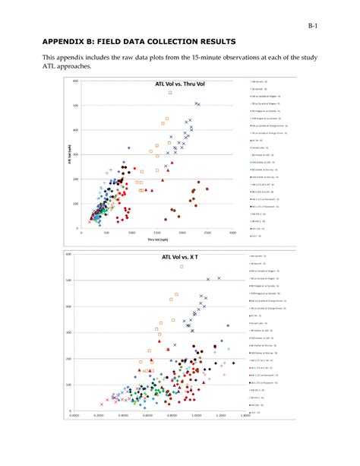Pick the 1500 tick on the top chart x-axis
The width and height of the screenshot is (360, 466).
click(x=157, y=233)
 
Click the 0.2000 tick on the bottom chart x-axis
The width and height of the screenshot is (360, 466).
click(x=99, y=416)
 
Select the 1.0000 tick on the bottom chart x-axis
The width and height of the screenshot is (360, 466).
click(x=196, y=416)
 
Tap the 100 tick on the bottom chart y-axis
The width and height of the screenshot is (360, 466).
click(x=68, y=385)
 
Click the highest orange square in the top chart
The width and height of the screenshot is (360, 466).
click(x=171, y=93)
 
